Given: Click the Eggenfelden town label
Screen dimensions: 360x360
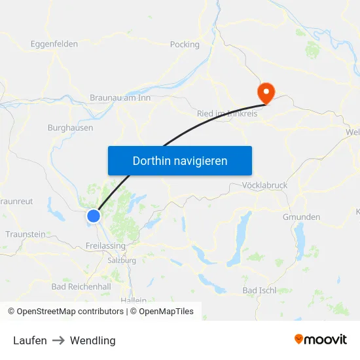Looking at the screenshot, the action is tap(54, 45).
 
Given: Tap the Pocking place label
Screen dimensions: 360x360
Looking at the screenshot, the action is tap(185, 45).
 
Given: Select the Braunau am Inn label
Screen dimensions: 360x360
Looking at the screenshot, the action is tap(120, 98).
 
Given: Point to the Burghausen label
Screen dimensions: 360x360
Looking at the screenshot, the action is tap(70, 128).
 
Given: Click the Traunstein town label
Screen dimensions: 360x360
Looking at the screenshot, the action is tap(26, 234).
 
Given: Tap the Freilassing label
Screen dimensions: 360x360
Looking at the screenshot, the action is tap(105, 246).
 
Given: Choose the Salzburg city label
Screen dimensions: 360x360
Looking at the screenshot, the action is tap(122, 260).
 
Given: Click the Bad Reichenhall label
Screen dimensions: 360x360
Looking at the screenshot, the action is tap(81, 287).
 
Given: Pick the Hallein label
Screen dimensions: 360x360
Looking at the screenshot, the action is tap(134, 300).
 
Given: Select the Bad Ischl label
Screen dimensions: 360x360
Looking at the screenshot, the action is tap(259, 290).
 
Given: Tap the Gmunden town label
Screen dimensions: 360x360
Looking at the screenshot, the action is tap(301, 217).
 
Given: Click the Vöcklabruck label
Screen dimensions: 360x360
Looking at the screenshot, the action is tap(264, 185).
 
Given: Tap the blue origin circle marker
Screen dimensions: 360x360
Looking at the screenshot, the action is tap(94, 215).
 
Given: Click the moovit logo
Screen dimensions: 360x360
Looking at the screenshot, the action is tap(321, 339).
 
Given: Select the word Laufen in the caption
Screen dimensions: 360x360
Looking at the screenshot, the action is tap(30, 340).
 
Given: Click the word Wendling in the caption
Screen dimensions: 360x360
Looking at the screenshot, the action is tap(93, 340).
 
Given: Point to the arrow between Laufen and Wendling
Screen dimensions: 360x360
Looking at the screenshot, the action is tap(58, 340).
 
